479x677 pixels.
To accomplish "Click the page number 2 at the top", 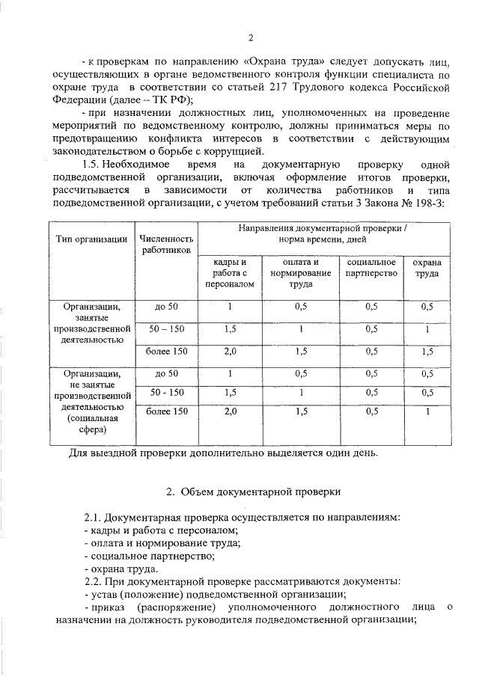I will click(251, 38).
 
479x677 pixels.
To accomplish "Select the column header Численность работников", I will click(166, 244).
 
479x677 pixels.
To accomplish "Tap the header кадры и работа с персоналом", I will click(230, 273).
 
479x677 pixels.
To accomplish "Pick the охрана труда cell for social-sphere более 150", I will click(427, 411).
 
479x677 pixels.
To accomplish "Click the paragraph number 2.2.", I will click(95, 581).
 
